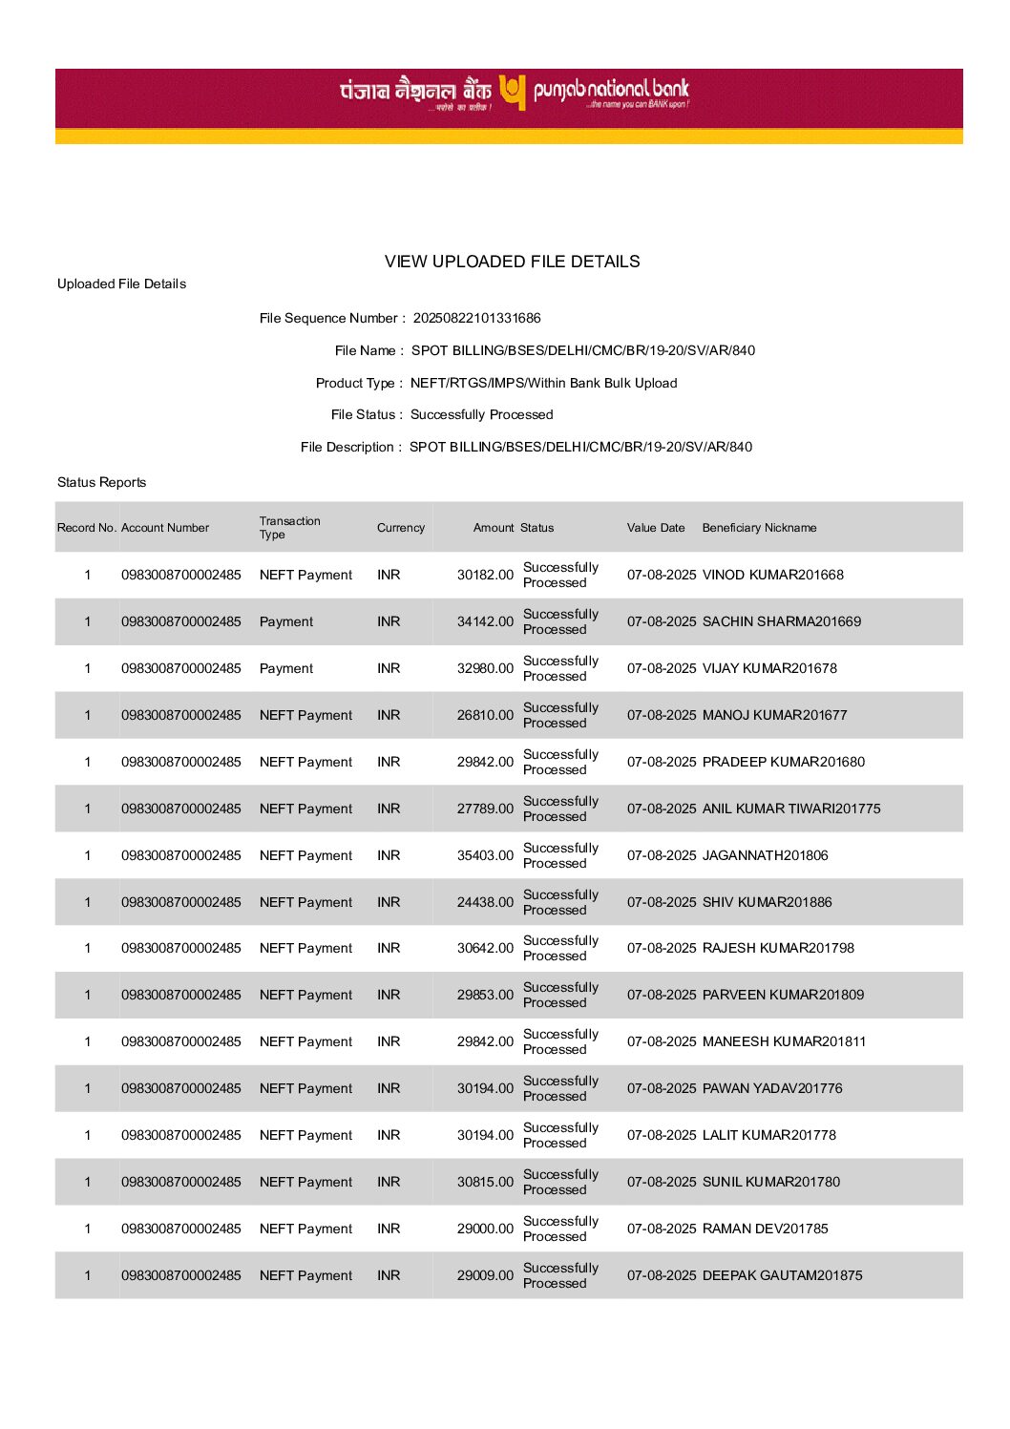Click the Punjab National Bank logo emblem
513,93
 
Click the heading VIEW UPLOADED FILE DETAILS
512,262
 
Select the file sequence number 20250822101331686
476,318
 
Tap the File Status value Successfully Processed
481,414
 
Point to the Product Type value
543,383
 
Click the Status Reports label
101,482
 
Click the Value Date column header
655,528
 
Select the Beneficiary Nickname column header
759,528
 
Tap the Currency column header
400,528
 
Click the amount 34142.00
485,621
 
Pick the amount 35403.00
485,855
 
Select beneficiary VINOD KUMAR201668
772,575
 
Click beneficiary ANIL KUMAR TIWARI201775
791,809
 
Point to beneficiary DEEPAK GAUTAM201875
782,1275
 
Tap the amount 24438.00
485,902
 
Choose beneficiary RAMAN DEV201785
765,1229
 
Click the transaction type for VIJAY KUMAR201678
285,668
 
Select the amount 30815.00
485,1182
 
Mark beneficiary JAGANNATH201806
765,855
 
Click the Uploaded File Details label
121,284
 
